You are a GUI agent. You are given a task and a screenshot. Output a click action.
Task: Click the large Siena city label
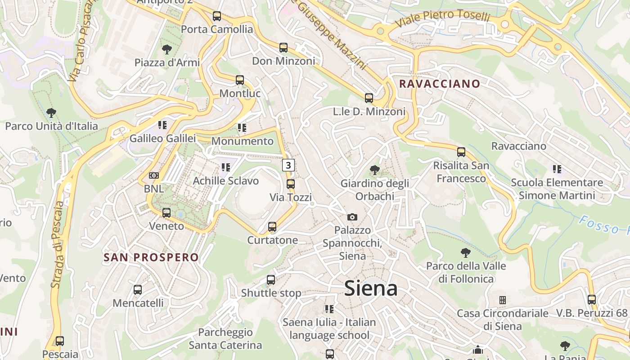371,288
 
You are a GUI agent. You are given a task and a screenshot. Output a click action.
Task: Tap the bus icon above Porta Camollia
217,16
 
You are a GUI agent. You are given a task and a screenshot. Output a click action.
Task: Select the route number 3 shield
288,165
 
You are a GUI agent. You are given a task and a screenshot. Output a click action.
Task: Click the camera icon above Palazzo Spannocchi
352,217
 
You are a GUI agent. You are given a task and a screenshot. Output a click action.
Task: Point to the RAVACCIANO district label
440,84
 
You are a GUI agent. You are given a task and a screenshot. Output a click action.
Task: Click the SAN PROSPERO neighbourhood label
151,257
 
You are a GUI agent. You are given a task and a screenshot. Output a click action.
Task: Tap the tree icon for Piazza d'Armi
167,49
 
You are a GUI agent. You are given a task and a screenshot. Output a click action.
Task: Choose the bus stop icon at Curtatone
272,227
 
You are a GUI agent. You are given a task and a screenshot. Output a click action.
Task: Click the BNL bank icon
154,175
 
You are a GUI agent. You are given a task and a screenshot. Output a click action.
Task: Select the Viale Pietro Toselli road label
442,18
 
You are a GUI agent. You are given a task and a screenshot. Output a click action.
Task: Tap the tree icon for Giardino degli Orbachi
374,170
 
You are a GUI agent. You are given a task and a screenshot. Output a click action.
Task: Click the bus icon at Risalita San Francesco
461,152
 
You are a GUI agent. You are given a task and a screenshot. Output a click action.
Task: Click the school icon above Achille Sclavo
225,167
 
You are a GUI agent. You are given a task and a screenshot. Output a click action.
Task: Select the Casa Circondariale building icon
503,300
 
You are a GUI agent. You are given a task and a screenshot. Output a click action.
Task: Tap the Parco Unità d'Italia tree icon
51,112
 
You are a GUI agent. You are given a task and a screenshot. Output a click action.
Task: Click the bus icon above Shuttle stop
271,280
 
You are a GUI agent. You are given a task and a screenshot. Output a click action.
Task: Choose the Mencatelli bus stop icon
138,290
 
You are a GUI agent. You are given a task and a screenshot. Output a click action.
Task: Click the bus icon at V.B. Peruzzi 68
592,299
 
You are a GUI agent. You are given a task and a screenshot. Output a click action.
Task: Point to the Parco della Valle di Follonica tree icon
466,253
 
